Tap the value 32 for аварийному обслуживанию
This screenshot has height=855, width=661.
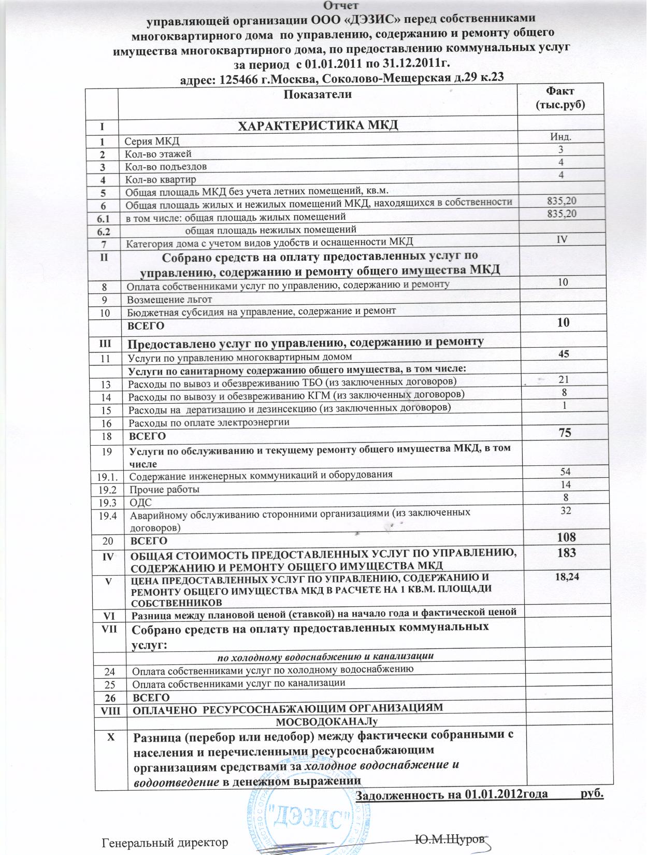[x=566, y=510]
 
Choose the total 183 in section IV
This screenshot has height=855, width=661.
[x=566, y=553]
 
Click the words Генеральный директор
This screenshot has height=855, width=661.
[x=165, y=842]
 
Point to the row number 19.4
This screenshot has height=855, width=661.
[x=107, y=516]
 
